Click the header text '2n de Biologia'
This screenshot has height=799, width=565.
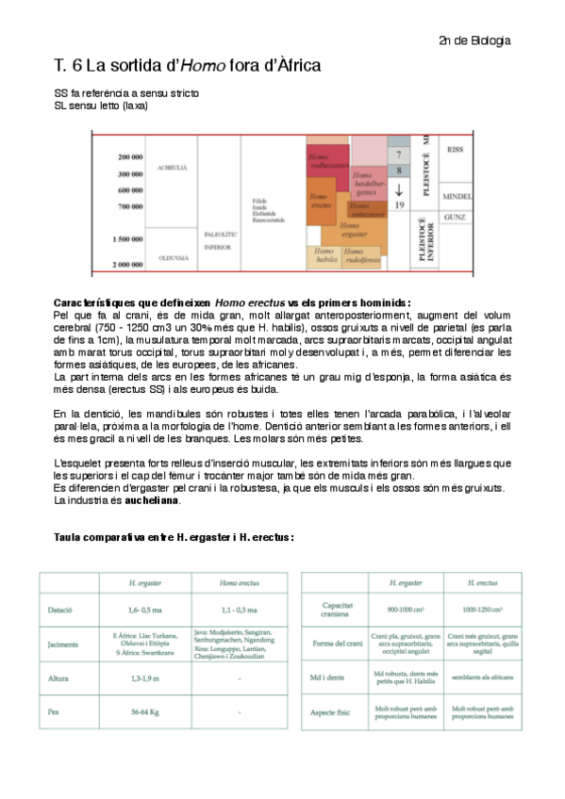pos(474,41)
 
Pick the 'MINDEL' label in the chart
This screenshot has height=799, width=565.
pos(456,197)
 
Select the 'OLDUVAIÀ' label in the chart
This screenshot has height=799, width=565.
pos(173,256)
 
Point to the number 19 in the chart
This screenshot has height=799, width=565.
pos(400,204)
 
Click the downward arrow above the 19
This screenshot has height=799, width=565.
pos(400,188)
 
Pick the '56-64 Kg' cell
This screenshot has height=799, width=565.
pos(144,712)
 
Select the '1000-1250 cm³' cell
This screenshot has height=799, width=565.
pos(481,611)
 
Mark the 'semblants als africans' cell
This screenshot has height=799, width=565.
pos(481,678)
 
